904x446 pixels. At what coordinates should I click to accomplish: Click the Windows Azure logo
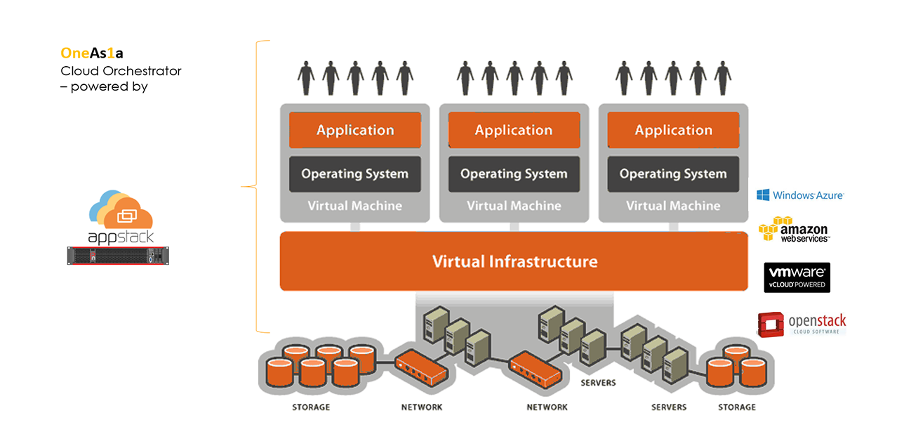coord(800,195)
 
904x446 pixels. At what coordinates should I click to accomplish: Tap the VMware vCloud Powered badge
coord(797,277)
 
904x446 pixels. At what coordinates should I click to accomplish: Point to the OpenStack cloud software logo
coord(802,324)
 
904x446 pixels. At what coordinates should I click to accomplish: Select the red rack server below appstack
coord(119,255)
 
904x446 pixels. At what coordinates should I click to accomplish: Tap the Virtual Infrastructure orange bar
coord(514,261)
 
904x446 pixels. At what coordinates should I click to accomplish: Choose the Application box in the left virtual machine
coord(355,130)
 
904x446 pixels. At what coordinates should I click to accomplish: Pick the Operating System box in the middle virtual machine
coord(514,174)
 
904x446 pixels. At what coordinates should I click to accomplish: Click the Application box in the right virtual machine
coord(673,130)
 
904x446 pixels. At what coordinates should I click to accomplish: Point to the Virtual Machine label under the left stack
coord(355,206)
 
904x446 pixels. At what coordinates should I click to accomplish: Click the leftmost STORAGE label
coord(311,407)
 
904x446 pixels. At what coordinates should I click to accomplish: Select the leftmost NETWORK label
coord(422,407)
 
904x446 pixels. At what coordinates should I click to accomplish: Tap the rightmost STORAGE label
coord(737,407)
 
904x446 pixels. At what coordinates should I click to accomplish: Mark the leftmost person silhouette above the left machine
coord(305,77)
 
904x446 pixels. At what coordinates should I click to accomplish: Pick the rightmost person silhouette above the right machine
coord(722,77)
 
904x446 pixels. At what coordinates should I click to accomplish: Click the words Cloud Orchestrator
coord(121,71)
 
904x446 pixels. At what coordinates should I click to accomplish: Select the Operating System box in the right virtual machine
coord(673,174)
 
